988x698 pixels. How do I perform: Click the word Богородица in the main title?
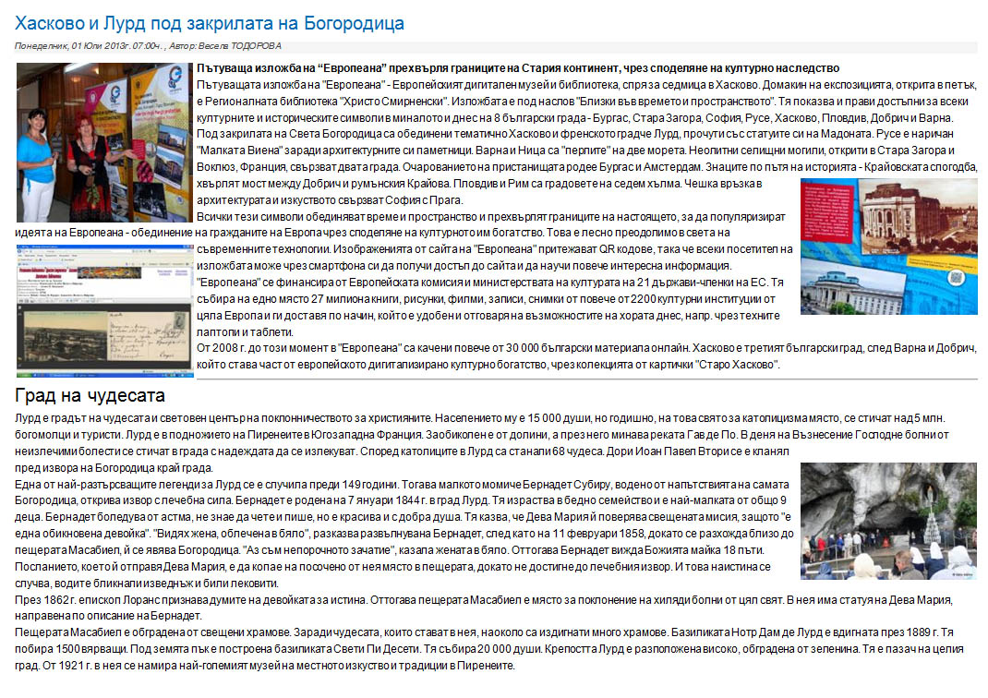point(352,22)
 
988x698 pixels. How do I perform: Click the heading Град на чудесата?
point(90,396)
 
